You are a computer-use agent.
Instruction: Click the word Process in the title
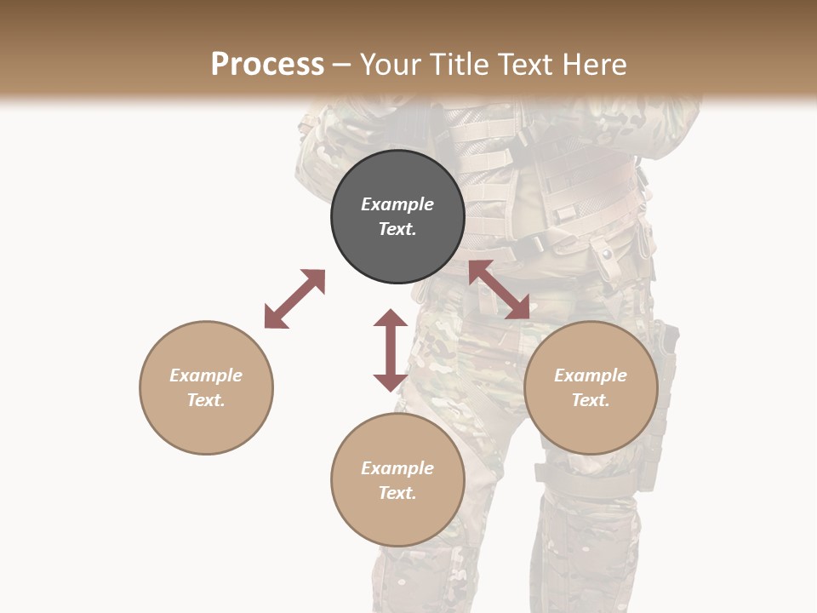pos(267,65)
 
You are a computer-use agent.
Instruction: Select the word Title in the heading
pos(454,65)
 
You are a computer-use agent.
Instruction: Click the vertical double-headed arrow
pos(391,350)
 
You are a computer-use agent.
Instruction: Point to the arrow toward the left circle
pos(294,299)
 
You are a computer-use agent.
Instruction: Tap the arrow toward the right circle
pos(500,289)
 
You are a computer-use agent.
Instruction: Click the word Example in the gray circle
pos(397,204)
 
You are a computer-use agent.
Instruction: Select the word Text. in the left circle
pos(206,400)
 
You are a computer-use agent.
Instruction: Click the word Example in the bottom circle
pos(397,467)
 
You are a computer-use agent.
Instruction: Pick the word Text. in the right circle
pos(591,400)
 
